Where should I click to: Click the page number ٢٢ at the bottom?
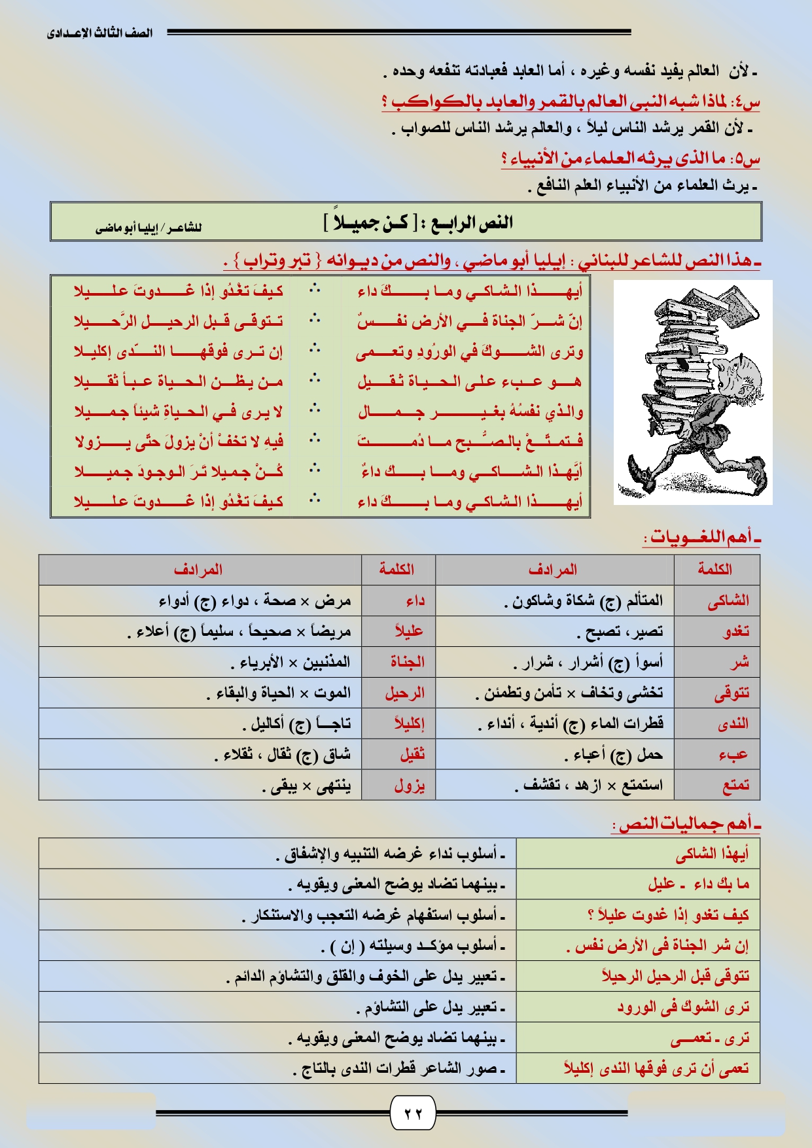413,1113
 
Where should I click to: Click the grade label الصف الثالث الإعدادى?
99,33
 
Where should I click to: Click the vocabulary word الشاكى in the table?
728,600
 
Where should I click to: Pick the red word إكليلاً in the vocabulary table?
409,723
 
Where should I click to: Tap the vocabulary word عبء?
733,755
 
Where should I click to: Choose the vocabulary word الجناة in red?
407,662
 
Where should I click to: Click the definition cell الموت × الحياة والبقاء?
279,693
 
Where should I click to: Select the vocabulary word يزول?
410,785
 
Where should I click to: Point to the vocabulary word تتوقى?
732,693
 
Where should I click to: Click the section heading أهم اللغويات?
700,538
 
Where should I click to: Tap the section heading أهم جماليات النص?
686,824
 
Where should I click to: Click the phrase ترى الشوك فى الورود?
682,1007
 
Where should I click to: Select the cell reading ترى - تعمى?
709,1038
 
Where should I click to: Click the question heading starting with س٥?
630,159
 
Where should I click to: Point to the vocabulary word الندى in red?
733,723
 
